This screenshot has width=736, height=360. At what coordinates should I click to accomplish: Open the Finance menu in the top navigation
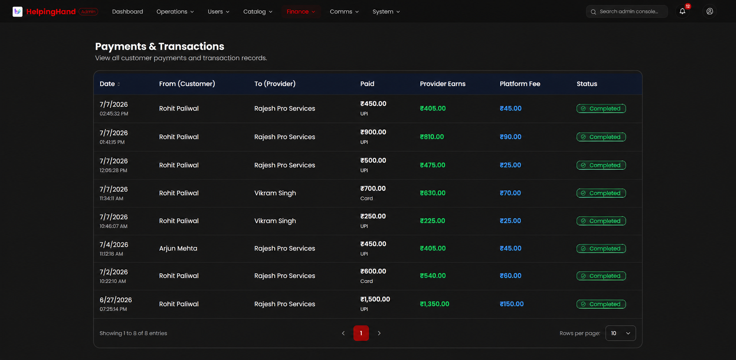pos(301,11)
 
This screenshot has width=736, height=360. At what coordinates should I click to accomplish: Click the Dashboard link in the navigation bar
pos(127,11)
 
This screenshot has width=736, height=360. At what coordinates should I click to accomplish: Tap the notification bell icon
pos(682,11)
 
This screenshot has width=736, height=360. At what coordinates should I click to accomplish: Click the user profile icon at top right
pos(710,11)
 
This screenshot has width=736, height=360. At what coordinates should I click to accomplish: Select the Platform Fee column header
pos(520,84)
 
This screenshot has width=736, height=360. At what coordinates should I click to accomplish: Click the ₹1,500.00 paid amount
pos(375,299)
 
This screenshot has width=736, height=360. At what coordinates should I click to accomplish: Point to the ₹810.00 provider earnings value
pos(432,137)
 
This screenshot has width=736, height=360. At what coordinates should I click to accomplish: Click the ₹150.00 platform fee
pos(512,304)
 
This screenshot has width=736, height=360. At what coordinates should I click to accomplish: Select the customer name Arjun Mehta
pos(178,248)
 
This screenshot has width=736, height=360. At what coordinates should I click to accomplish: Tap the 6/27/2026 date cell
pos(116,300)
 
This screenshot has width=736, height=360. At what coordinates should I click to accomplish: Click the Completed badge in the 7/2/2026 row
pos(601,276)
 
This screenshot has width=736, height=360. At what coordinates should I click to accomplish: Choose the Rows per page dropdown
pos(621,333)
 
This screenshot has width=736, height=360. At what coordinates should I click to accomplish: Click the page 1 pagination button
pos(361,333)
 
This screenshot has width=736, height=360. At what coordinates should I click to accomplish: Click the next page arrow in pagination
pos(379,333)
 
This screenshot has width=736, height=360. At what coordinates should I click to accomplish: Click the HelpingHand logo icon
pos(18,11)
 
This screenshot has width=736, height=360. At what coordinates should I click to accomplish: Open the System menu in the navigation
pos(386,11)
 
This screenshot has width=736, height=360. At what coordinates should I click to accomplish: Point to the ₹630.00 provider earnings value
pos(432,193)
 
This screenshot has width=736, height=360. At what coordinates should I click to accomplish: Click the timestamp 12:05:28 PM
pos(113,170)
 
